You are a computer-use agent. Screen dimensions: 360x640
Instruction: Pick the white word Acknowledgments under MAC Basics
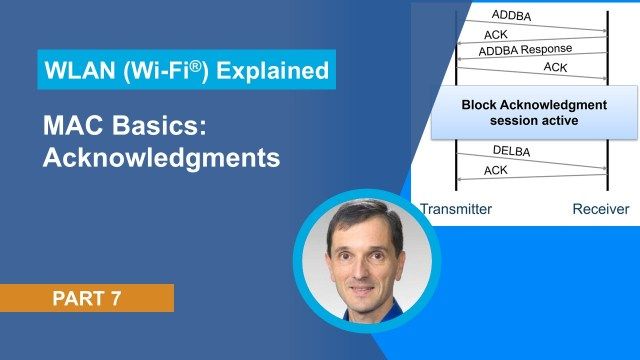(x=161, y=158)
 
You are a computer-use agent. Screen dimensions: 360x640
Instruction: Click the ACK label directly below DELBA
(x=496, y=170)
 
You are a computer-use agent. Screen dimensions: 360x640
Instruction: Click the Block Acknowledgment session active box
(x=533, y=112)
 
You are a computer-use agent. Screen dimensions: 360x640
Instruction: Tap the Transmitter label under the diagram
(x=456, y=209)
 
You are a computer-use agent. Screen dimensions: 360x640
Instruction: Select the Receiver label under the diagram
(x=600, y=209)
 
